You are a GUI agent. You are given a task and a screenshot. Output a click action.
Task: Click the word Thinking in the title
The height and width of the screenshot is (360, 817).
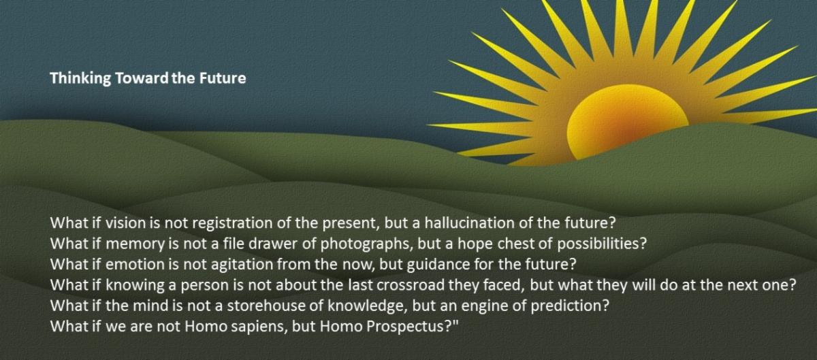[80, 79]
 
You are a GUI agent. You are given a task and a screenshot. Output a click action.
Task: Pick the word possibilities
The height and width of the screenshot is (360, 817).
[601, 244]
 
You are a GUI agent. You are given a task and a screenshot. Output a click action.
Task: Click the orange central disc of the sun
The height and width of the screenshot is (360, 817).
[626, 121]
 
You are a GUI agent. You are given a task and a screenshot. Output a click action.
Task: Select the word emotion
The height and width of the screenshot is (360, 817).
[135, 265]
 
